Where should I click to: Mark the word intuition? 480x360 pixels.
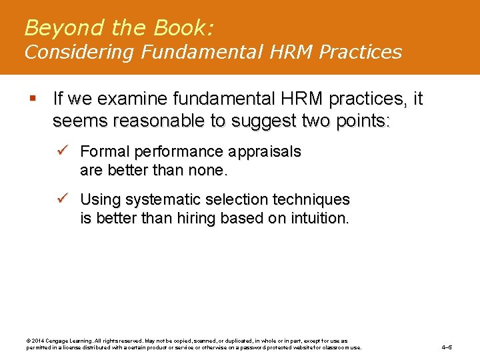coord(320,218)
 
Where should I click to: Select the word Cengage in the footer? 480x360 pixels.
coord(60,341)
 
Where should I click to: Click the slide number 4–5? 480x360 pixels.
coord(447,347)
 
